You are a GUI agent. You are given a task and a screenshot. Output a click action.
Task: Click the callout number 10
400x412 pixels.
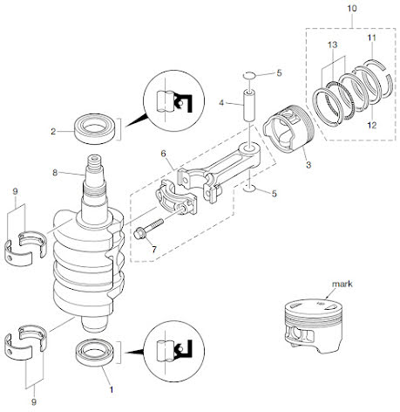click(352, 8)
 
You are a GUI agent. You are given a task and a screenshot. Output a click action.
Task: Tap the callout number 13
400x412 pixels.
click(333, 45)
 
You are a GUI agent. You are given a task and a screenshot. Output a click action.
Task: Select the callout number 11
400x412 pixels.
click(371, 38)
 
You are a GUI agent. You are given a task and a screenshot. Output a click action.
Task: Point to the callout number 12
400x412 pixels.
click(372, 126)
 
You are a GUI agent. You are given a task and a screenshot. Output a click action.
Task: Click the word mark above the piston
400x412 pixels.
click(342, 284)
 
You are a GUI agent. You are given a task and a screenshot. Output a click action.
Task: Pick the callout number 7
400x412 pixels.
click(154, 250)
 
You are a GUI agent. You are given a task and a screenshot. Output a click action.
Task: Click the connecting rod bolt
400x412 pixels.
click(148, 229)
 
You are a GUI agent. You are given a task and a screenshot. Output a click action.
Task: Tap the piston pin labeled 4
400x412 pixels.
click(249, 106)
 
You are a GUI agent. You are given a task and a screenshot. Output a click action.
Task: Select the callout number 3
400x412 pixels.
click(308, 165)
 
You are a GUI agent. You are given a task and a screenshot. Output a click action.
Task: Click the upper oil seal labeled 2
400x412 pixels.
click(95, 129)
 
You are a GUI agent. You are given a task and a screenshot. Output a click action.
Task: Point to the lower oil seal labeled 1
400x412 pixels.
click(95, 353)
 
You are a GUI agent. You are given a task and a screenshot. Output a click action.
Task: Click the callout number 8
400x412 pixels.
click(55, 173)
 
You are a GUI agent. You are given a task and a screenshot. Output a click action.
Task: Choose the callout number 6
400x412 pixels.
click(163, 154)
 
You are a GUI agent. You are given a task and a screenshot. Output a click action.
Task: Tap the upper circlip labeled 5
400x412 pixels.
click(249, 75)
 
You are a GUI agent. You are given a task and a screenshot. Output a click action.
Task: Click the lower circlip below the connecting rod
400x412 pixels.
click(249, 189)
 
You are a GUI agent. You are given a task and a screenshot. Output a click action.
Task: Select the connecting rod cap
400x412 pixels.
click(176, 197)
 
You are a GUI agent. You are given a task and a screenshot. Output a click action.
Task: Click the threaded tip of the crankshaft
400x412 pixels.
click(95, 163)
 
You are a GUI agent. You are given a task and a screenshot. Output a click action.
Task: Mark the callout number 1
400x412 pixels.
click(111, 389)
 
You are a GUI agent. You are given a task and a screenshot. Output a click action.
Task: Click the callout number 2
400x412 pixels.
click(53, 132)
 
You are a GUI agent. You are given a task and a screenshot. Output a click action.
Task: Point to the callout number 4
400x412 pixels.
click(221, 103)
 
